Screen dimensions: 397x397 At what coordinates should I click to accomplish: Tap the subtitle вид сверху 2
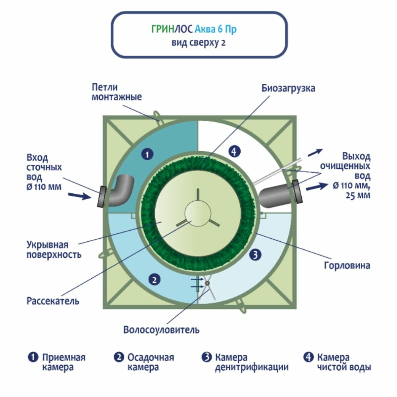click(x=198, y=43)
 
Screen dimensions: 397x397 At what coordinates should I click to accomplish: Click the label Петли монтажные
click(x=116, y=92)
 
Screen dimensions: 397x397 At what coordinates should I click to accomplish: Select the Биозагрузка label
click(x=288, y=88)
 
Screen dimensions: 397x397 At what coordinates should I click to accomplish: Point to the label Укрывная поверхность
click(x=54, y=249)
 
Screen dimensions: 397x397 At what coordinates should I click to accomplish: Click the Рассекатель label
click(x=53, y=301)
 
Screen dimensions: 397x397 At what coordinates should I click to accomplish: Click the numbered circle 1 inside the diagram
click(x=147, y=155)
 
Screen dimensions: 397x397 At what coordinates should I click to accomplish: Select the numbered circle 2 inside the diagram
click(x=154, y=280)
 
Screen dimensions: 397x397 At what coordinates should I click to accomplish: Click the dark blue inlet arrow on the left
click(x=79, y=196)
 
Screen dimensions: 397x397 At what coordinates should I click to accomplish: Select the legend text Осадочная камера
click(x=150, y=362)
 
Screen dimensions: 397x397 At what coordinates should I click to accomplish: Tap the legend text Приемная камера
click(x=64, y=362)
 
